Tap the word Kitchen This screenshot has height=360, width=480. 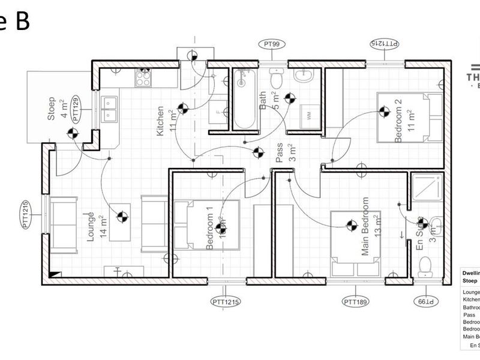pos(160,121)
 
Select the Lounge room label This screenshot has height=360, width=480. pos(91,226)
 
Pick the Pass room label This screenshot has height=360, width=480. pos(279,154)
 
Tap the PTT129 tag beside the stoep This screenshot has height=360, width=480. pos(76,110)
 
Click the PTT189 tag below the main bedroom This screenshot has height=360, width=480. pos(356,301)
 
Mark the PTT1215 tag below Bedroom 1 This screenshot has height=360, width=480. pos(226,301)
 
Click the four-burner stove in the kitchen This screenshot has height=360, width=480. pos(143,76)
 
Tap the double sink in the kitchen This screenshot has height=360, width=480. pos(110,109)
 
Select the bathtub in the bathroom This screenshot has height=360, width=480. pos(244,99)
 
